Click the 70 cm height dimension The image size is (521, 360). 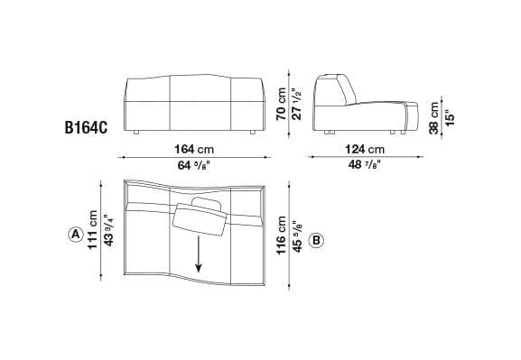point(282,104)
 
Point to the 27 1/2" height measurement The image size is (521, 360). point(295,104)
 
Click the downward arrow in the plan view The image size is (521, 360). point(199,256)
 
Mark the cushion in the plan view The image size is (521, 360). point(199,220)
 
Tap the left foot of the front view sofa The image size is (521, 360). point(134,132)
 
